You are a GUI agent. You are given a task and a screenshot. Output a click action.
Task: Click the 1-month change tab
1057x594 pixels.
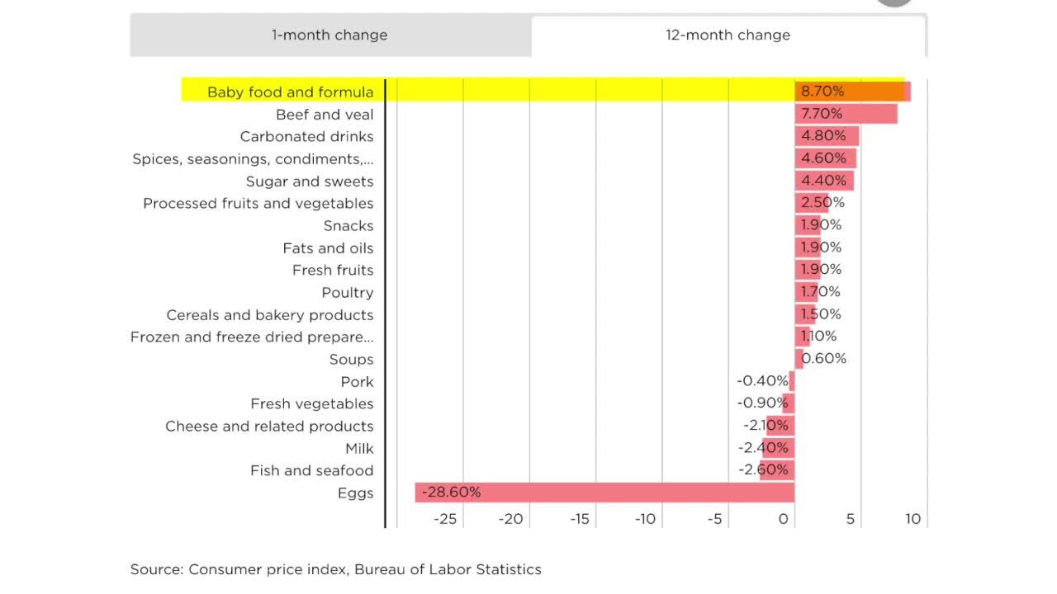pos(329,35)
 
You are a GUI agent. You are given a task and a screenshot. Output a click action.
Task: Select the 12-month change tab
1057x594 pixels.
pos(728,35)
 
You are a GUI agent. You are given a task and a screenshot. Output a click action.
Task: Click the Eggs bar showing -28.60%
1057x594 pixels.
pos(604,493)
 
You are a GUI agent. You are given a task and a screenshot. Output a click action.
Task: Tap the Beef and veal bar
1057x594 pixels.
pos(846,114)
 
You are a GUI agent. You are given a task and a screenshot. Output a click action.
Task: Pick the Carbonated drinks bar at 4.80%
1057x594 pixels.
pos(827,136)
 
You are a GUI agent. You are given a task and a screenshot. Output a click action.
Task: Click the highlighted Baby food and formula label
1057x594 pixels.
pos(290,92)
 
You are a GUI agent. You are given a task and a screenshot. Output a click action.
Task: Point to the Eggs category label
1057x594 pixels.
pos(355,493)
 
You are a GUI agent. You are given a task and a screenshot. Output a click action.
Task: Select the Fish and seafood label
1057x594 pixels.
pos(311,470)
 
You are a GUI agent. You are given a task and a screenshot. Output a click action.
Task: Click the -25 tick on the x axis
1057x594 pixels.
pos(445,519)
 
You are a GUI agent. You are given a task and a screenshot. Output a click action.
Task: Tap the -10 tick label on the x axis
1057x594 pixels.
pos(645,519)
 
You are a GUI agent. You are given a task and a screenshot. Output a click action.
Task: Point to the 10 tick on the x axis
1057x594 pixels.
pos(912,519)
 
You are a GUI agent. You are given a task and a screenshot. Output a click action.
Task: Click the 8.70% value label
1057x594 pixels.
pos(822,92)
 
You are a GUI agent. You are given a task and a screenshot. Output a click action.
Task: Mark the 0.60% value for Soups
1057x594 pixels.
pos(824,359)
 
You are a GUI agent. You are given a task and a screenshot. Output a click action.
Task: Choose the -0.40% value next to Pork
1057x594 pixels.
pos(762,381)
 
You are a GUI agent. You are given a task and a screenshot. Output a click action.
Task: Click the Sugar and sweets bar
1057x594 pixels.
pos(824,181)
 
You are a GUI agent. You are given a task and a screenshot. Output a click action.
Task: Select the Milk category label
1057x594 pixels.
pos(359,448)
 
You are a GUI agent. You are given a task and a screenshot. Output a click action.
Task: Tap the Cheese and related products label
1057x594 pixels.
pos(269,426)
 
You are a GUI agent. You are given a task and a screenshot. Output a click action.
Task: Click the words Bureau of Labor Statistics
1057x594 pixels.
pos(448,569)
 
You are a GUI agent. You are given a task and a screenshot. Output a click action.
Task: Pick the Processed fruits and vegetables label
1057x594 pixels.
pos(258,203)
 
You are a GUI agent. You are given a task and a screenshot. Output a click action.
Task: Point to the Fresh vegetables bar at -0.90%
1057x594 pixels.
pos(789,403)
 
